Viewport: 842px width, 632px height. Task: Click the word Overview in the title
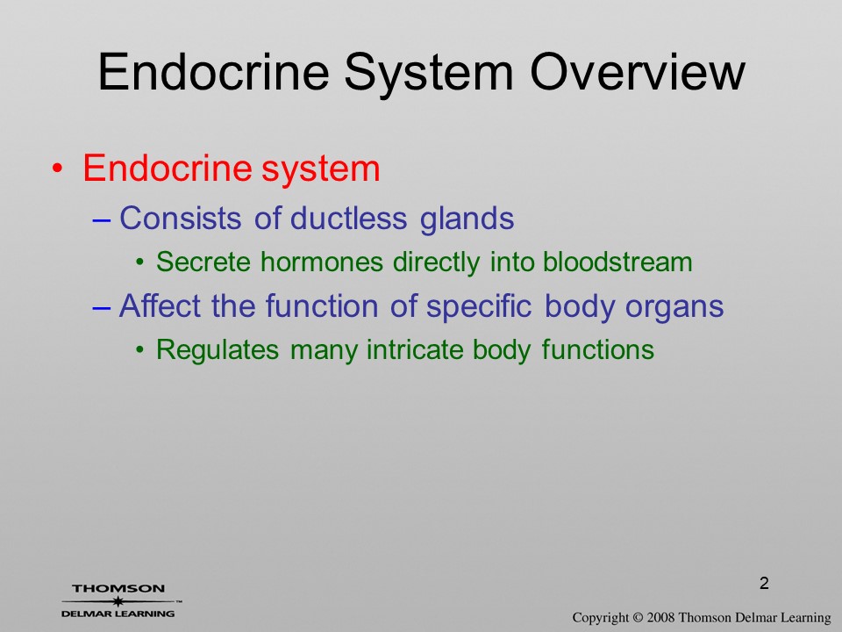coord(638,71)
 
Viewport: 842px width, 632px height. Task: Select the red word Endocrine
coord(167,168)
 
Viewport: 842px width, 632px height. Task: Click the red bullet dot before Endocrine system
coord(57,169)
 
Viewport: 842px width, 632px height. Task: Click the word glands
coord(467,219)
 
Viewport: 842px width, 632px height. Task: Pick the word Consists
coord(180,219)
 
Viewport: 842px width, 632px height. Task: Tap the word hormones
coord(322,262)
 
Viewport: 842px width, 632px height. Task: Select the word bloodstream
coord(617,262)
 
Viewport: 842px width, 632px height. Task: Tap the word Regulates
coord(218,350)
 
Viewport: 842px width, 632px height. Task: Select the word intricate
coord(415,350)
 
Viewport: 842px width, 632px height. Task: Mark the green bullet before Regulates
coord(140,350)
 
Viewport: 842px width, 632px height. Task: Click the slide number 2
coord(764,583)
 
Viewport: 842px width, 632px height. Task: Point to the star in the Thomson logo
coord(118,601)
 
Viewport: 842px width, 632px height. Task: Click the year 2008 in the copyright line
coord(661,618)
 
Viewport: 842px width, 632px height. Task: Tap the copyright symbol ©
coord(638,618)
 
